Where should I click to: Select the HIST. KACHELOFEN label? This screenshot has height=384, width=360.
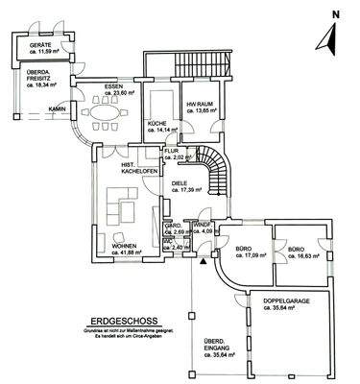coord(135,170)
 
